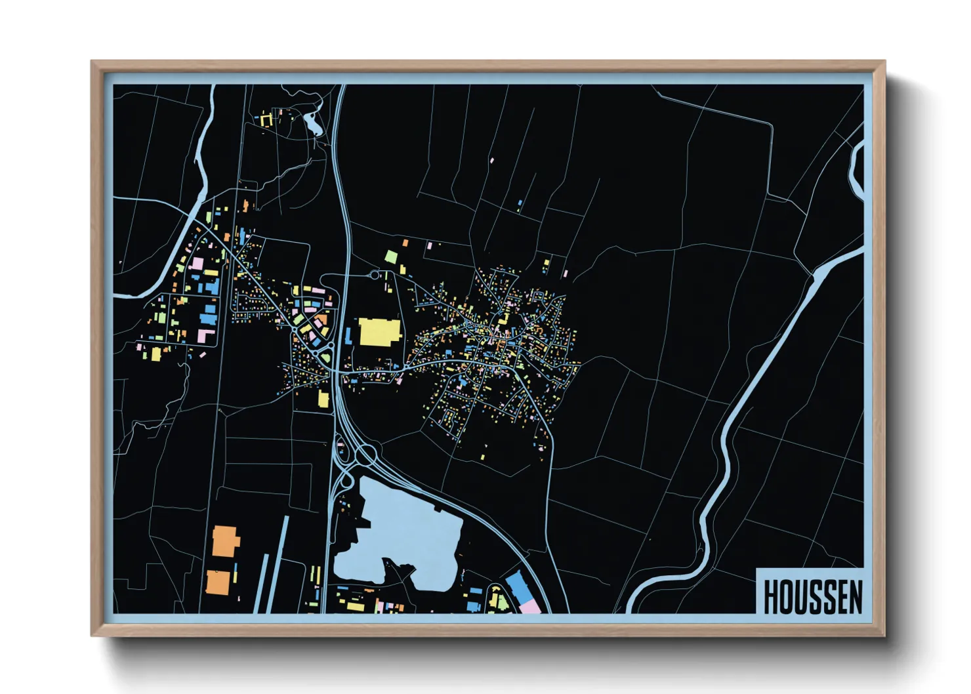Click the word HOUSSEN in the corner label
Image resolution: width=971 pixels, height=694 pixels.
812,597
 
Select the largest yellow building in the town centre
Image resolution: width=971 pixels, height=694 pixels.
379,332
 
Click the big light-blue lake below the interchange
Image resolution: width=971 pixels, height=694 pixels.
400,531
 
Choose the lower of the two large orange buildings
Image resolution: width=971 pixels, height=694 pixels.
218,582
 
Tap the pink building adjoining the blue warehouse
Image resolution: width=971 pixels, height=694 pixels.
531,606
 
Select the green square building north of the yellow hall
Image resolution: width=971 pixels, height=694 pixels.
391,256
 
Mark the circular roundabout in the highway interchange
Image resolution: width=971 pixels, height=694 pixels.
365,453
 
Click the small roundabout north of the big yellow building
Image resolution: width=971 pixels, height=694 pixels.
375,276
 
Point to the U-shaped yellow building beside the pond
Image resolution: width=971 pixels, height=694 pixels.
266,120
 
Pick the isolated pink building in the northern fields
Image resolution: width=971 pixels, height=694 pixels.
492,159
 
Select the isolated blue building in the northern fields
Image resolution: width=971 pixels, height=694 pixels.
520,205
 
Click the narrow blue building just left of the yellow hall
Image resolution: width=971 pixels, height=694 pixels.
348,336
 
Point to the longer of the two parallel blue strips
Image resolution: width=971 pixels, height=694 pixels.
279,564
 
